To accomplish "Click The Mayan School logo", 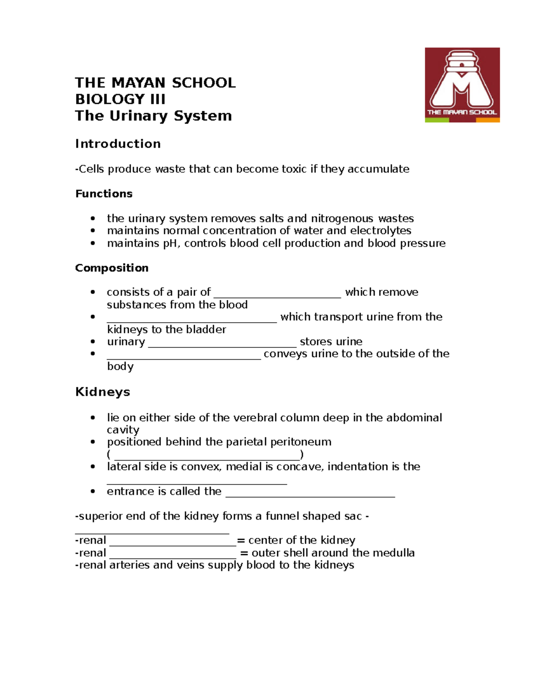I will point(462,85).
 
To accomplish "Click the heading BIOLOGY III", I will point(120,99).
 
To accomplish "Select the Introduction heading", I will point(118,144).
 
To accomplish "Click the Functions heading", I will point(104,194).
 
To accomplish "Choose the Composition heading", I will point(112,268).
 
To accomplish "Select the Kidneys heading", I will point(103,392).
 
